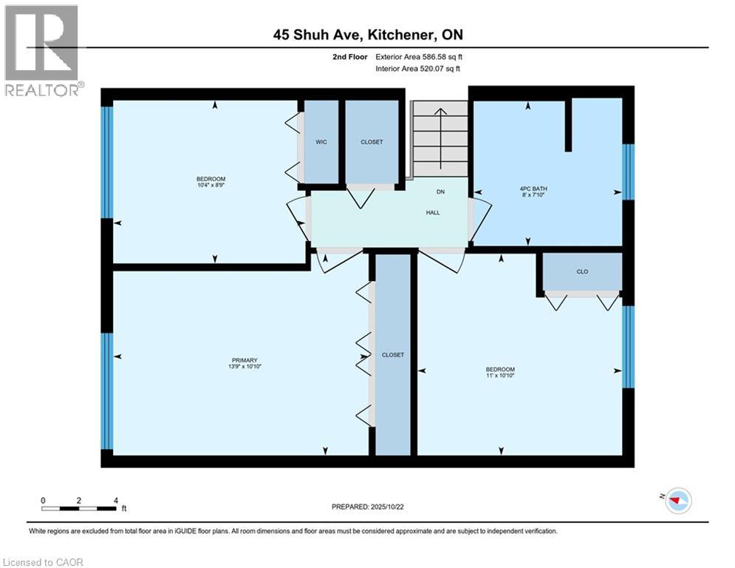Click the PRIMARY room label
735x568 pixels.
pos(242,360)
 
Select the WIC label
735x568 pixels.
pos(321,142)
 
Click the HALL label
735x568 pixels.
pos(433,212)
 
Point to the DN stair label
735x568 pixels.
pos(440,192)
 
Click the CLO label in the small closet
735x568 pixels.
pos(582,272)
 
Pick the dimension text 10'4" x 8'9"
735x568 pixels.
pos(211,185)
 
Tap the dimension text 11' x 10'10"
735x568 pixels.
pos(500,376)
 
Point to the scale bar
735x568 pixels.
pos(79,507)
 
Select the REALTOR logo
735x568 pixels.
pos(44,50)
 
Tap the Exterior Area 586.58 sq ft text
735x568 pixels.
pos(420,56)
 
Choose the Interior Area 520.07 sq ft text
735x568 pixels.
pos(420,68)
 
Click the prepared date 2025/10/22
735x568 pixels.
pos(369,507)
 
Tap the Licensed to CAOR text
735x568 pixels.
pos(44,562)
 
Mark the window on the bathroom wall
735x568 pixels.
pos(628,172)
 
